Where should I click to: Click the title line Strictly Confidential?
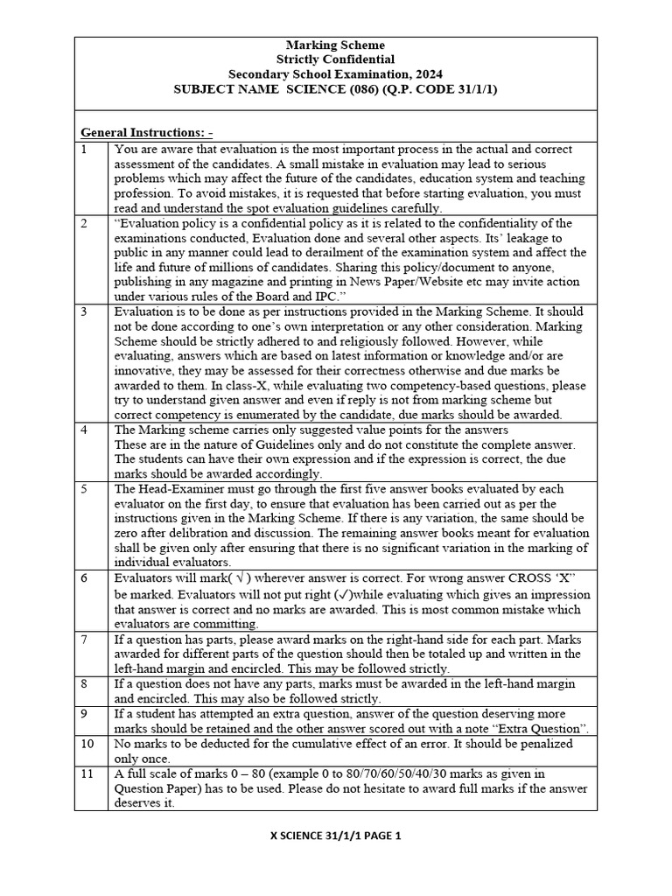tap(335, 59)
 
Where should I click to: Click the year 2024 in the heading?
tap(426, 74)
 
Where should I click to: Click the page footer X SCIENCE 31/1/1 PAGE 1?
tap(335, 836)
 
